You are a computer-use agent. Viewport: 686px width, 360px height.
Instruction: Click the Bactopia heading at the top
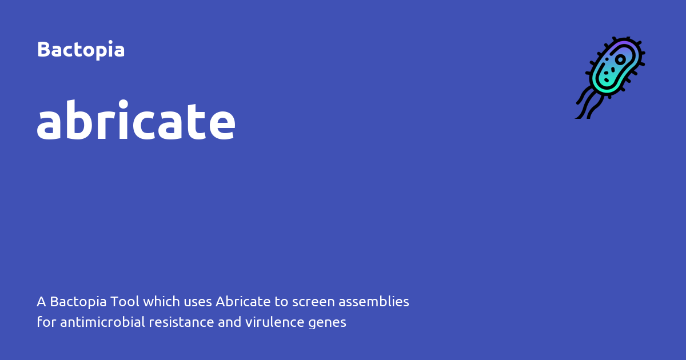point(81,49)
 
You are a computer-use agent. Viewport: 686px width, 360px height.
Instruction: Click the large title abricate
point(136,119)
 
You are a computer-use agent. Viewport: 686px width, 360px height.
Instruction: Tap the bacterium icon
point(610,78)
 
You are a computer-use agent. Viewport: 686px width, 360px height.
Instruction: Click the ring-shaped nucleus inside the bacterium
point(620,59)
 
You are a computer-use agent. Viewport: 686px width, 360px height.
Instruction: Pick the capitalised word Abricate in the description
point(243,302)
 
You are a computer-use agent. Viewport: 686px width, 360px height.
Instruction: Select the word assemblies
point(374,302)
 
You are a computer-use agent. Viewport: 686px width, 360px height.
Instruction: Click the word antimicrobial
point(102,322)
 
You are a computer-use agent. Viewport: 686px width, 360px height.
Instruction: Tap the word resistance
point(181,322)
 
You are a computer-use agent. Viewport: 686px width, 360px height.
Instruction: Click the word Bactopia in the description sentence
point(78,302)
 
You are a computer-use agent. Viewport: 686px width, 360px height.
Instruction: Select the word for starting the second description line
point(46,322)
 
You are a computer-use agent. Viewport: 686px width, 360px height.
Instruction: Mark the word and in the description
point(229,322)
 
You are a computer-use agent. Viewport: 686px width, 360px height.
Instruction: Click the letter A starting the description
point(41,302)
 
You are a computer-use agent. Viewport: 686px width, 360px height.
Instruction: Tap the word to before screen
point(281,302)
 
